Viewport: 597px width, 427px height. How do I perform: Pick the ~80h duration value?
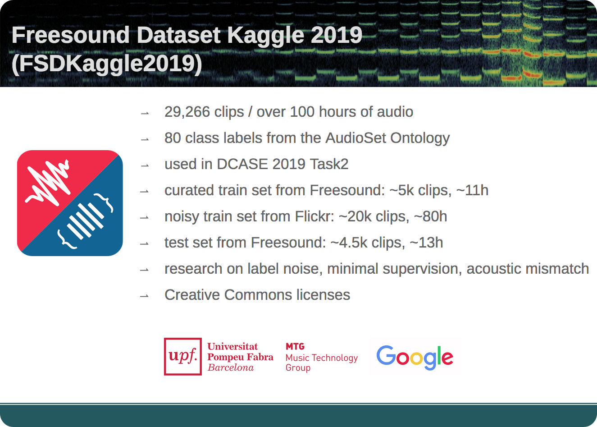pyautogui.click(x=430, y=216)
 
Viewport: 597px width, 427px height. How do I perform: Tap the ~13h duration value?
pyautogui.click(x=426, y=243)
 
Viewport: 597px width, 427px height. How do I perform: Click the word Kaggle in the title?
pyautogui.click(x=265, y=36)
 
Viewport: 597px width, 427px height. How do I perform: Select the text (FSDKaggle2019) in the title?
pyautogui.click(x=107, y=64)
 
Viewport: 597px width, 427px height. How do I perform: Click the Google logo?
pyautogui.click(x=415, y=358)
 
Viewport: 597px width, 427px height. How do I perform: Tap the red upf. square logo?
pyautogui.click(x=183, y=357)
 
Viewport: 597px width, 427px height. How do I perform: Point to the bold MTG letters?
pyautogui.click(x=295, y=346)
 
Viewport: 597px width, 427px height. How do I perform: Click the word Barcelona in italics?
pyautogui.click(x=231, y=367)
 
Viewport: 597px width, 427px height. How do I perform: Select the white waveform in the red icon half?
pyautogui.click(x=48, y=183)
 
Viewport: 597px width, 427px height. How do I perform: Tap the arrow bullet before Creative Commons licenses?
pyautogui.click(x=145, y=296)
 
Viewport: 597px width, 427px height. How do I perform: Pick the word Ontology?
pyautogui.click(x=420, y=138)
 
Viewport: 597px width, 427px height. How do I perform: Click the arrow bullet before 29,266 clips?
pyautogui.click(x=145, y=114)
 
